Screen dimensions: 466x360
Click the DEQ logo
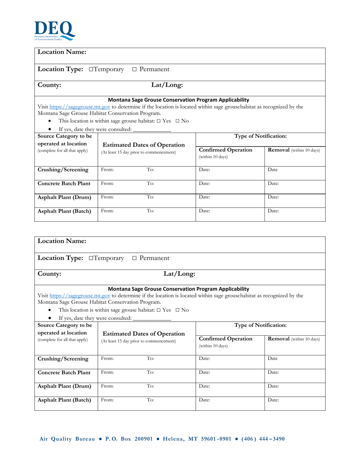(x=55, y=31)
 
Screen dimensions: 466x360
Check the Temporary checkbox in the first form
(x=91, y=70)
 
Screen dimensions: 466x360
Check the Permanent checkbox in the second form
(x=135, y=258)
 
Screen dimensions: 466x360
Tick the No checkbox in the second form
(x=178, y=310)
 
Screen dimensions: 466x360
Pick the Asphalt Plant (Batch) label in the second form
(x=65, y=400)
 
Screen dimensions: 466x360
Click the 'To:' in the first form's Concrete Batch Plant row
(x=150, y=184)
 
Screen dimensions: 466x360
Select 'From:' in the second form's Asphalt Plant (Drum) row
(x=107, y=386)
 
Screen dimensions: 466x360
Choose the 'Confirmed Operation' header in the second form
(x=225, y=339)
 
